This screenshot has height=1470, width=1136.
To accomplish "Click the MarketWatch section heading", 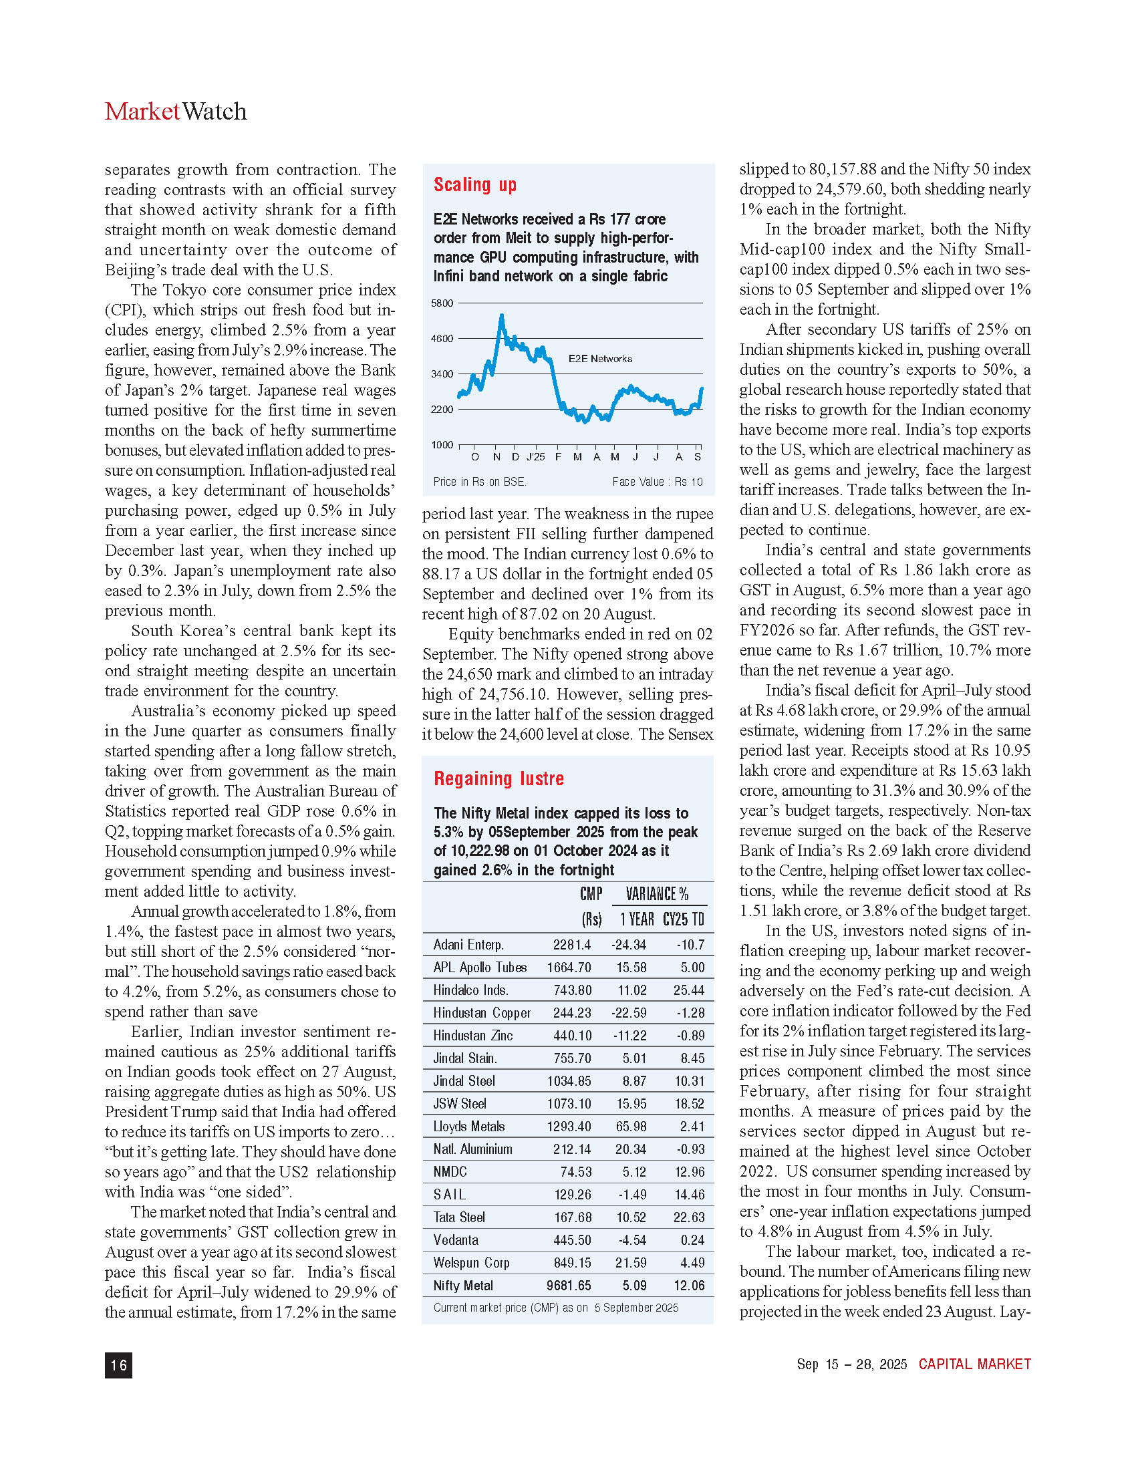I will [x=176, y=111].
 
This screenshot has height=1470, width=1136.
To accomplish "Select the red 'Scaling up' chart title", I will [x=474, y=184].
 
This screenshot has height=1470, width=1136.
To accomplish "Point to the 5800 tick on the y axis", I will [x=442, y=303].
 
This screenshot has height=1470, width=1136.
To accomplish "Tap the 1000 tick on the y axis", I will [x=442, y=445].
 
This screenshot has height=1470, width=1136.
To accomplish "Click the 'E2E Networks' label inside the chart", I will [x=599, y=359].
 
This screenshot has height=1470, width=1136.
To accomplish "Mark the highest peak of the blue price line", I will [x=501, y=315].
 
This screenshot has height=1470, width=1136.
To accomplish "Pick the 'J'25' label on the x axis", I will [x=536, y=457].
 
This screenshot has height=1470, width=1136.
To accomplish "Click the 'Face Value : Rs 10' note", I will [x=657, y=482].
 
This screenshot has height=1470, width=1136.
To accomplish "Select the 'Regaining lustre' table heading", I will [x=499, y=778].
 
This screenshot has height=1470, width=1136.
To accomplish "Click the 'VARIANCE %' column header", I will [x=657, y=894].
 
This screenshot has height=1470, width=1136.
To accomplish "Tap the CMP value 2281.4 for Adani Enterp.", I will [x=571, y=945].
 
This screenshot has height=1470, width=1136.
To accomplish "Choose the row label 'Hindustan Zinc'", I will [x=472, y=1036].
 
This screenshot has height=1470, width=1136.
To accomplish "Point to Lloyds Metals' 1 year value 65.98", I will [x=631, y=1126].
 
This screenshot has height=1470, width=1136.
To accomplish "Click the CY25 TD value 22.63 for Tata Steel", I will [x=689, y=1217].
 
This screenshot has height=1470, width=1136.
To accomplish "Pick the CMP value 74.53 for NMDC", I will [x=575, y=1172].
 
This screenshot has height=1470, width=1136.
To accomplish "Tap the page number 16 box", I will [x=118, y=1365].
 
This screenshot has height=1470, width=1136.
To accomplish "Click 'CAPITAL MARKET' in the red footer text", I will [x=974, y=1364].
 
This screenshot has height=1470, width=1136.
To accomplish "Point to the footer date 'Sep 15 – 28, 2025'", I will [x=851, y=1364].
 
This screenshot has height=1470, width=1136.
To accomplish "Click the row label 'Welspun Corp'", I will [x=471, y=1263].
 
